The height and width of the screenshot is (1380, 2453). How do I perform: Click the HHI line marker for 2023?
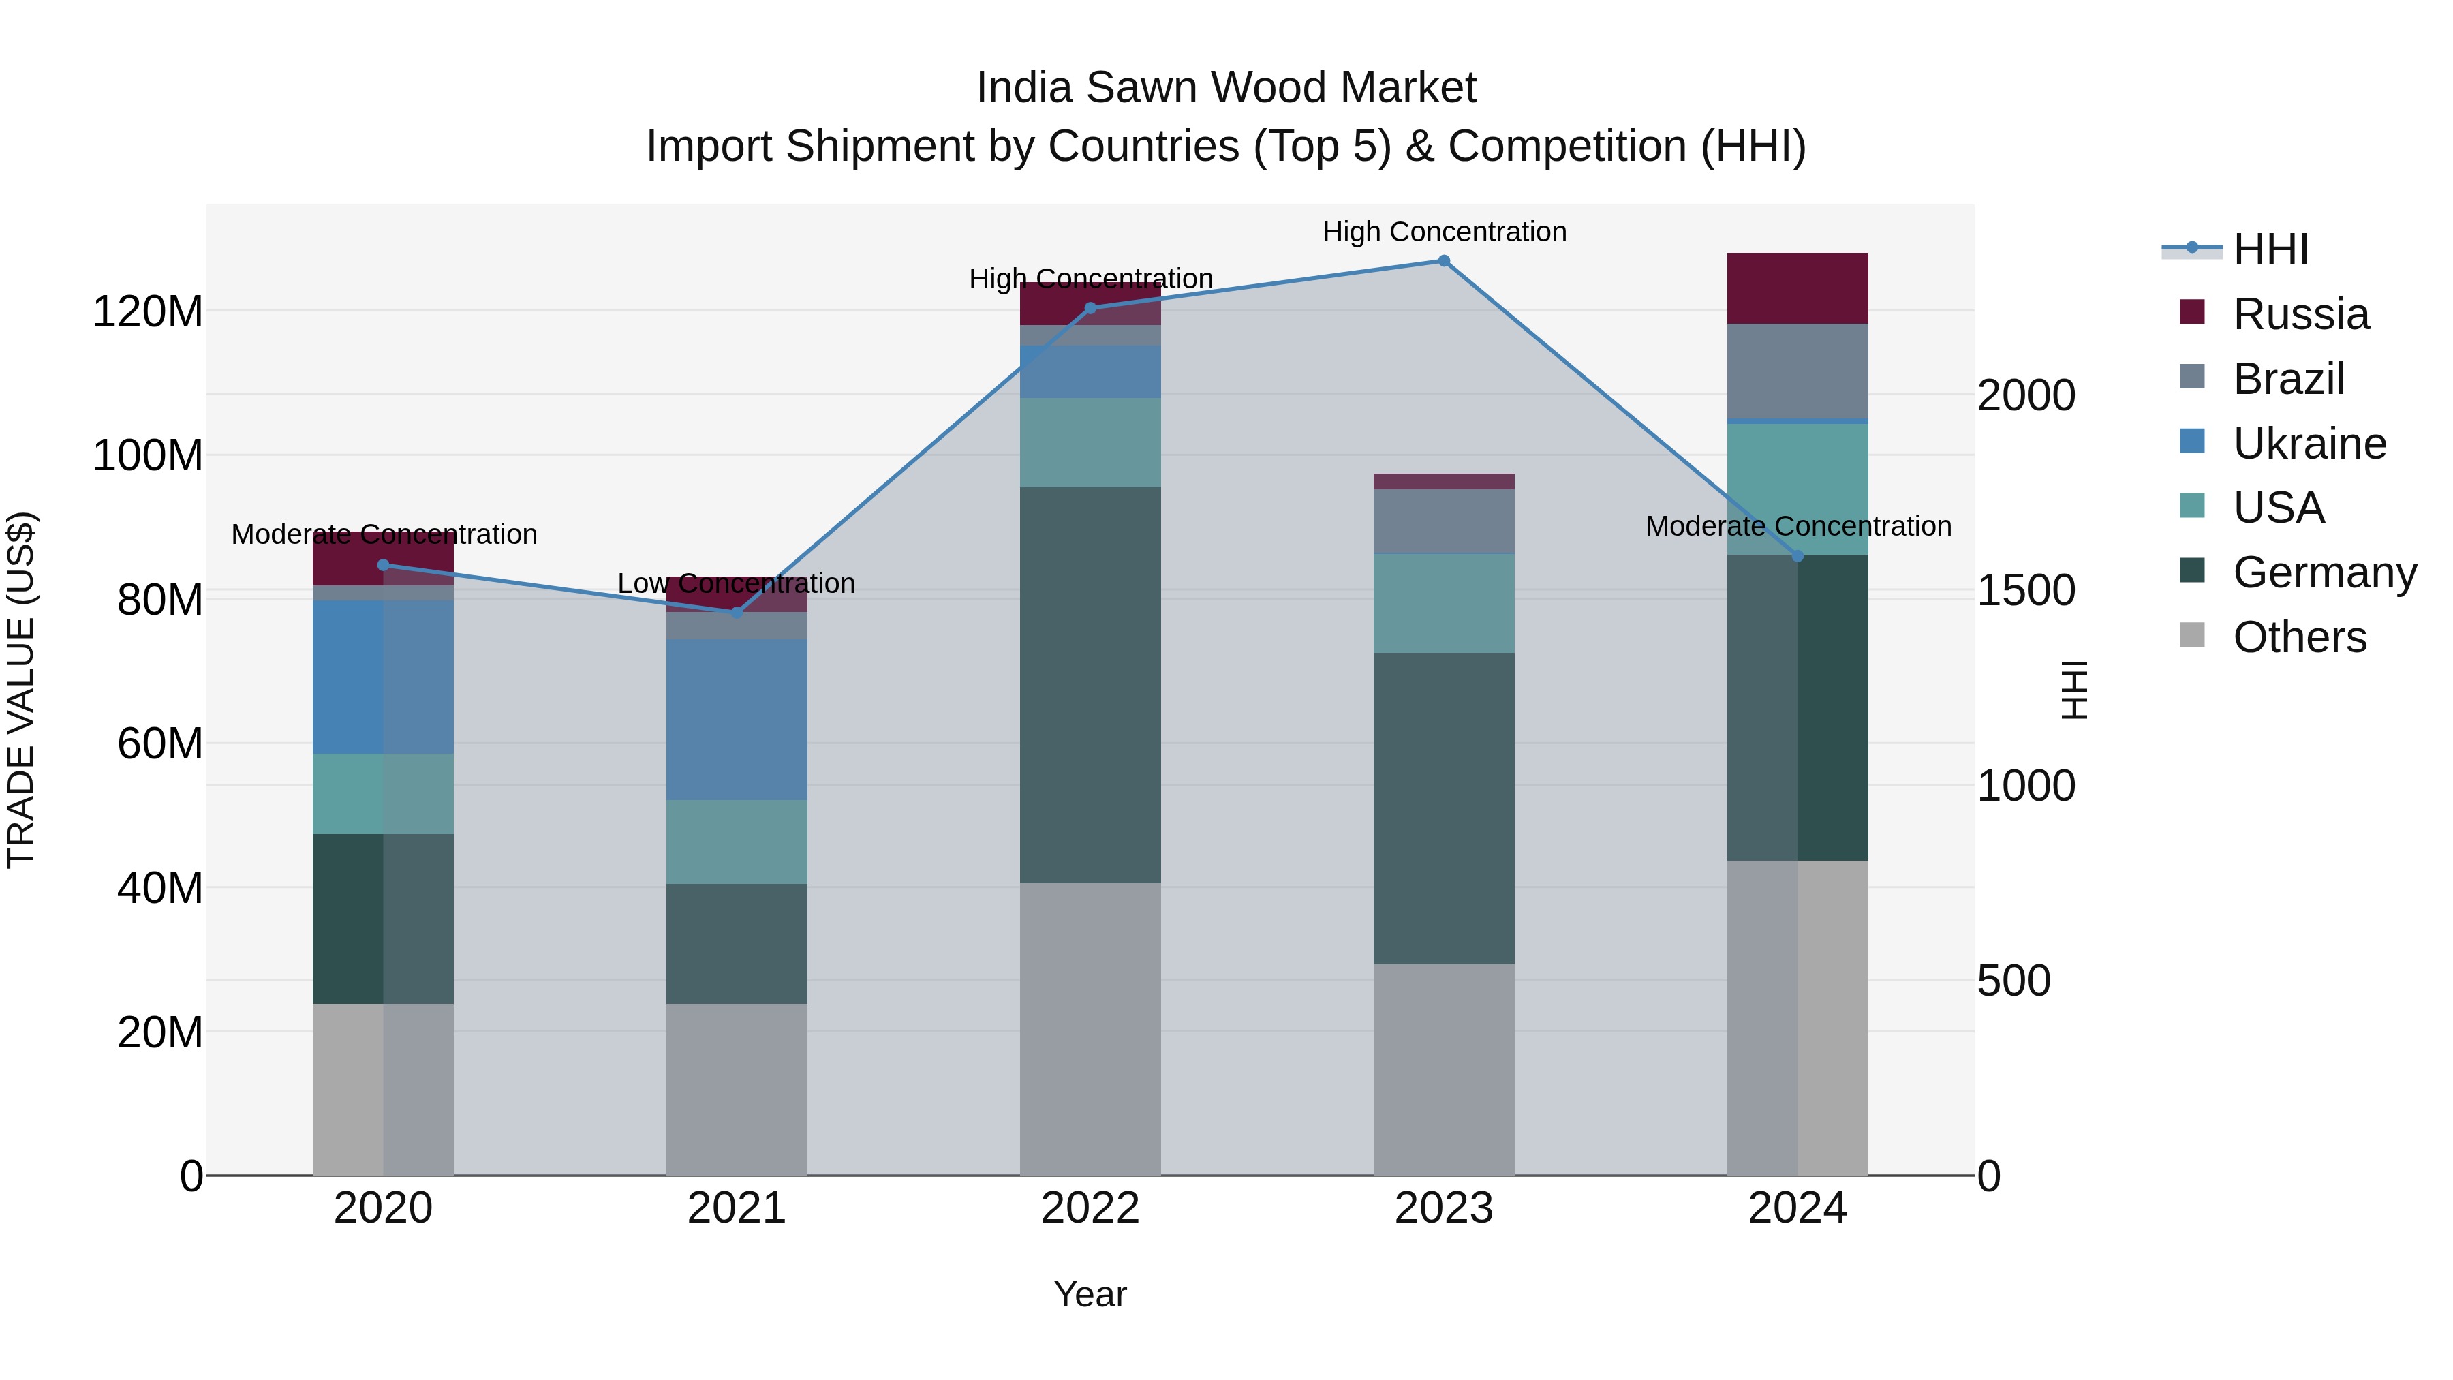[x=1444, y=261]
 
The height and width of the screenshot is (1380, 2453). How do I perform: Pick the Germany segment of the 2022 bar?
[x=1090, y=685]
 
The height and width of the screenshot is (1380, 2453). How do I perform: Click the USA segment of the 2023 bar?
[x=1444, y=603]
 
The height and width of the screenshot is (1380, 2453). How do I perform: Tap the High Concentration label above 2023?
[x=1444, y=232]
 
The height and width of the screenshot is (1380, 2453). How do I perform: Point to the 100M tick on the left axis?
[x=148, y=456]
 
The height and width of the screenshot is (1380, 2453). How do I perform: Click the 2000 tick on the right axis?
[x=2026, y=395]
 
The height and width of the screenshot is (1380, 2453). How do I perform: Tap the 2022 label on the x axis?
[x=1090, y=1208]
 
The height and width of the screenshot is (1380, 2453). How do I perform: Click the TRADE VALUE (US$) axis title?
[x=21, y=690]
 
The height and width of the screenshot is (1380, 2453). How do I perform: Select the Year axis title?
[x=1090, y=1294]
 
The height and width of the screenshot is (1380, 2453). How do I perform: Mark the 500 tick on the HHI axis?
[x=2013, y=981]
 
